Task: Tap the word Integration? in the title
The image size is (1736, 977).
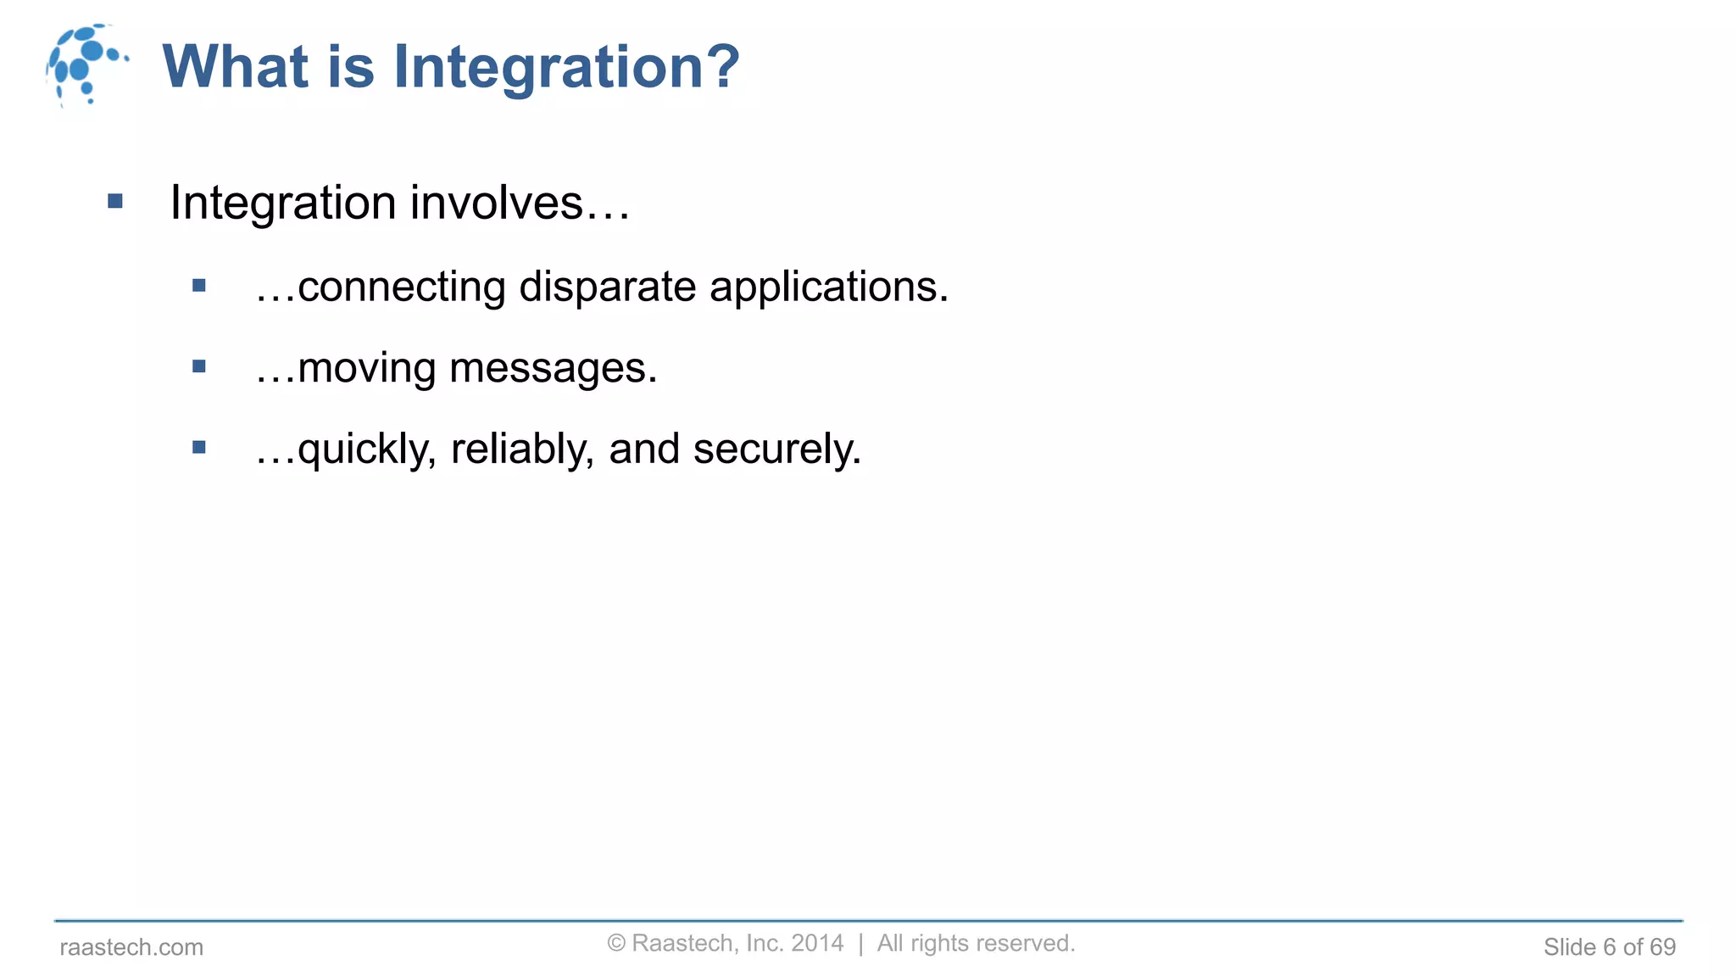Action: [566, 68]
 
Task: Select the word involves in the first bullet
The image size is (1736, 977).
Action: [520, 204]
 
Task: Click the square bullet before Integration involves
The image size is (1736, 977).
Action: [115, 202]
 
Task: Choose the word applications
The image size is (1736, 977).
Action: [828, 288]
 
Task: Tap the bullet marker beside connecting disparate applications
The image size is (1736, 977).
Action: [199, 286]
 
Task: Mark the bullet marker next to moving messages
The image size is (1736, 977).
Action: [199, 367]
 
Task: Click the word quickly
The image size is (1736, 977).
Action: [366, 449]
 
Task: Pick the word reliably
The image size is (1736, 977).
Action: [521, 449]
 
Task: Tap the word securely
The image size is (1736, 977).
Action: [776, 449]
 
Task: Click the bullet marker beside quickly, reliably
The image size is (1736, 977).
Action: [199, 448]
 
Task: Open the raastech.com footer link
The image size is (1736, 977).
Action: [131, 947]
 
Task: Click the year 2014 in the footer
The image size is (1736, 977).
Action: [817, 943]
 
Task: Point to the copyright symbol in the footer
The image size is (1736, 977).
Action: [616, 944]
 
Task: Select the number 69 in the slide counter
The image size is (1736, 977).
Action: [1662, 947]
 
